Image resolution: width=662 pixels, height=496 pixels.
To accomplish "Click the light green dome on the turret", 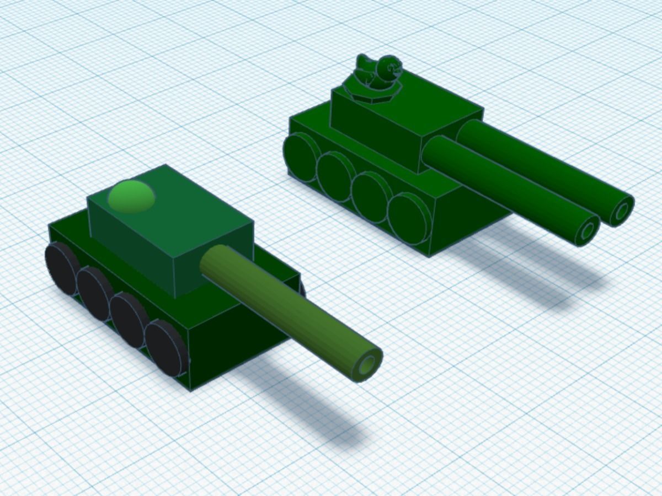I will [131, 196].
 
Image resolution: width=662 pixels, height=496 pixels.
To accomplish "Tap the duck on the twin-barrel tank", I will [375, 74].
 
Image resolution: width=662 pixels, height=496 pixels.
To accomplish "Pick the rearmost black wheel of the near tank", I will [60, 268].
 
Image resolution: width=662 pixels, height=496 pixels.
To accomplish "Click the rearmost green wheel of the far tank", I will [301, 157].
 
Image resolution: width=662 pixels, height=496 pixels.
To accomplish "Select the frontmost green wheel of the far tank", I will [408, 218].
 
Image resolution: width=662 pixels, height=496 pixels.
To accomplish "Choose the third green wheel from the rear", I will [370, 197].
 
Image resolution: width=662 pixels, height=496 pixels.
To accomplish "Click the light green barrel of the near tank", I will [287, 309].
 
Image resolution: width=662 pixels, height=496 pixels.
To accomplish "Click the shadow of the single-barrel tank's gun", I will [309, 408].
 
